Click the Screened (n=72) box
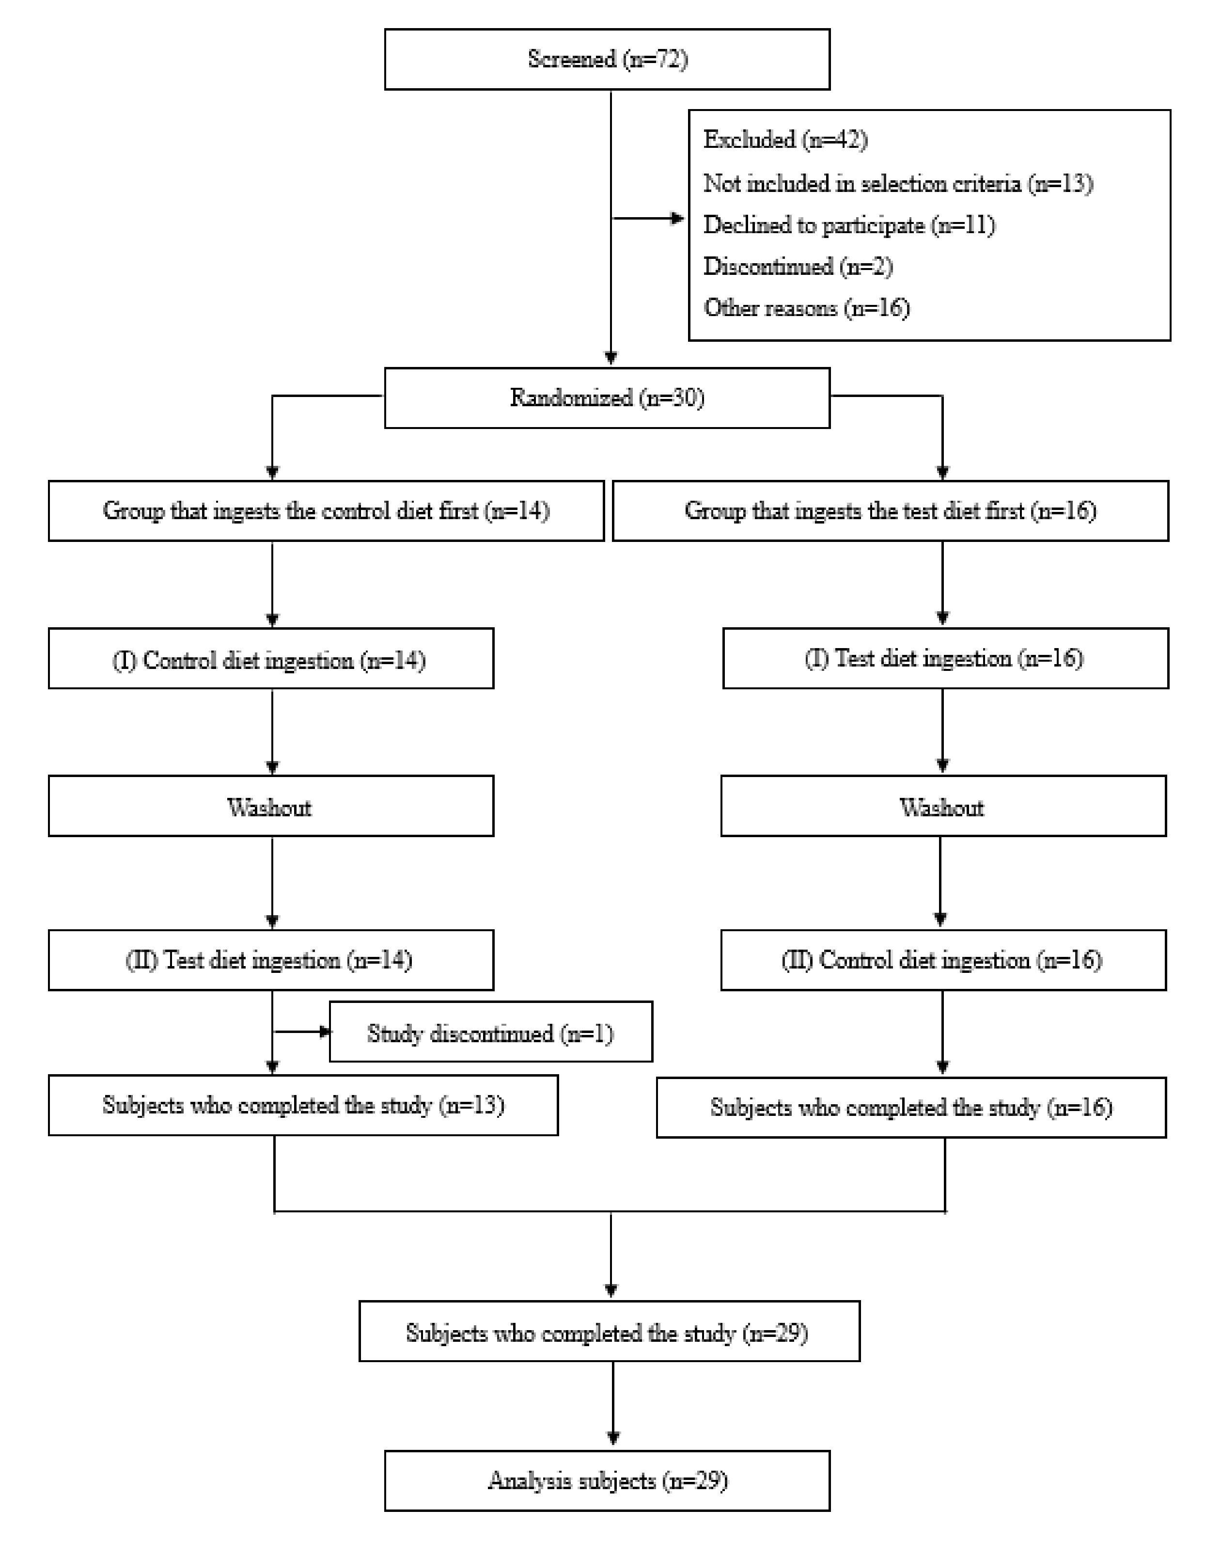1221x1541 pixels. pyautogui.click(x=607, y=59)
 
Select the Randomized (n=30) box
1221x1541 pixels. pyautogui.click(x=607, y=398)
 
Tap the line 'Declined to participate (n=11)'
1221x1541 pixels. pyautogui.click(x=849, y=225)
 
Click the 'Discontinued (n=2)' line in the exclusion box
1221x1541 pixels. pyautogui.click(x=798, y=267)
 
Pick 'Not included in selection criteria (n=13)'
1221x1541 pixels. pyautogui.click(x=897, y=184)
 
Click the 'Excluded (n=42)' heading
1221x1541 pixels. pyautogui.click(x=785, y=140)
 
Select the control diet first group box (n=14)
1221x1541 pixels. pyautogui.click(x=326, y=511)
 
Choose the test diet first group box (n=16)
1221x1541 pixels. pyautogui.click(x=890, y=511)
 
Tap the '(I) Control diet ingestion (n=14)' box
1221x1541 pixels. pyautogui.click(x=271, y=659)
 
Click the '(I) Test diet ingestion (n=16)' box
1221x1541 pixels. pyautogui.click(x=945, y=658)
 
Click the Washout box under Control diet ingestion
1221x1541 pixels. pyautogui.click(x=271, y=806)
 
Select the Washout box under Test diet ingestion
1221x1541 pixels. pyautogui.click(x=943, y=806)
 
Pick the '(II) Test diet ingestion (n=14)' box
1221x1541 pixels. pyautogui.click(x=271, y=960)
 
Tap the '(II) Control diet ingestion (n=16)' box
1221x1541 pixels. pyautogui.click(x=943, y=960)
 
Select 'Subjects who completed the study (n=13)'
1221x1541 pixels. pyautogui.click(x=303, y=1105)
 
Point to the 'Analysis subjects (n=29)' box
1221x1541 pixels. pyautogui.click(x=607, y=1480)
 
